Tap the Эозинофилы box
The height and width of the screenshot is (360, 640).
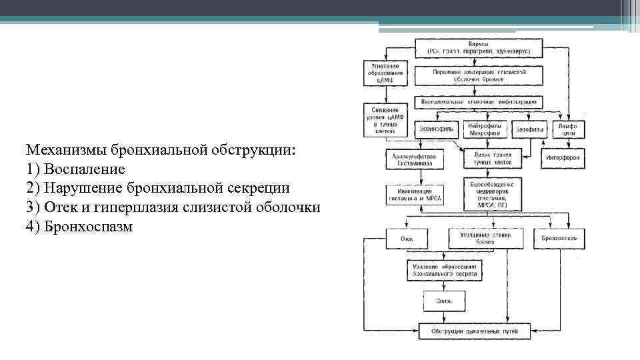tap(437, 127)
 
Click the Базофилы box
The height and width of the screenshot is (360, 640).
tap(530, 127)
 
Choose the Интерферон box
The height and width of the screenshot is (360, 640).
tap(563, 159)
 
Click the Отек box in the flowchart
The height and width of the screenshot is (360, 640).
tap(407, 237)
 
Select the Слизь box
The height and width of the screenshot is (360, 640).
tap(444, 301)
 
